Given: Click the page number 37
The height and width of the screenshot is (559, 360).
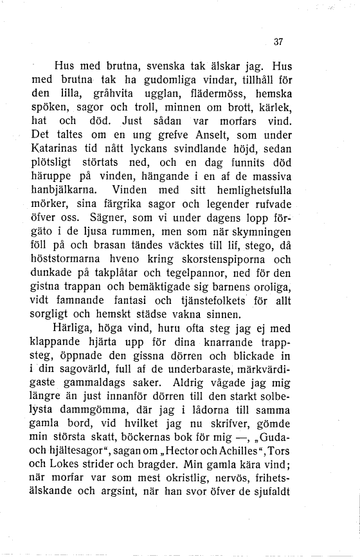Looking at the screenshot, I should click(x=278, y=42).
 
